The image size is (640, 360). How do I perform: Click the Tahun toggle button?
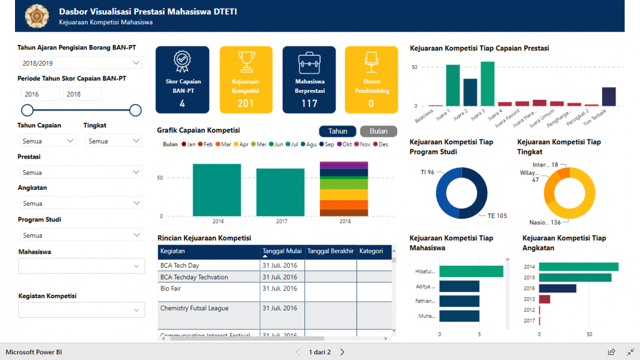pos(337,131)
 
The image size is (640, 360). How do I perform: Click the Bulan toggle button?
pos(378,131)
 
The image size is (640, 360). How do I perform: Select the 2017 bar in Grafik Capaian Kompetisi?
pos(280,192)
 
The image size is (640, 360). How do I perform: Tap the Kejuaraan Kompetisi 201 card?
pos(246,80)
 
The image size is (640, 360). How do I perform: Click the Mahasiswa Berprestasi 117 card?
pos(309,80)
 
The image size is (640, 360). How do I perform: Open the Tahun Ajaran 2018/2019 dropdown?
pos(80,63)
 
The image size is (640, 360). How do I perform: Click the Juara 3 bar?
pos(487,84)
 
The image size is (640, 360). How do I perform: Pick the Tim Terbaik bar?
pos(608,96)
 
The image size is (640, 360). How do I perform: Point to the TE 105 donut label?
pos(496,216)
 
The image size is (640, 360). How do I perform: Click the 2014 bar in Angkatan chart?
pos(578,267)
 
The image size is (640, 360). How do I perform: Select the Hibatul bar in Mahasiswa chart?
pos(470,271)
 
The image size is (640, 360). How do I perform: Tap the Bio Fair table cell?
pos(171,288)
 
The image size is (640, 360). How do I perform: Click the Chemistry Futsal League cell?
pos(194,308)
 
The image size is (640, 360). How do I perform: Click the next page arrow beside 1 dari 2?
pos(342,352)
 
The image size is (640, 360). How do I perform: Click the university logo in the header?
pos(37,16)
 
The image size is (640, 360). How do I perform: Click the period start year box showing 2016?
pos(40,94)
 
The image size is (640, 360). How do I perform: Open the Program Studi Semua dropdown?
pos(80,235)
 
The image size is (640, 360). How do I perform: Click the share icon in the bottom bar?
pos(611,352)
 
